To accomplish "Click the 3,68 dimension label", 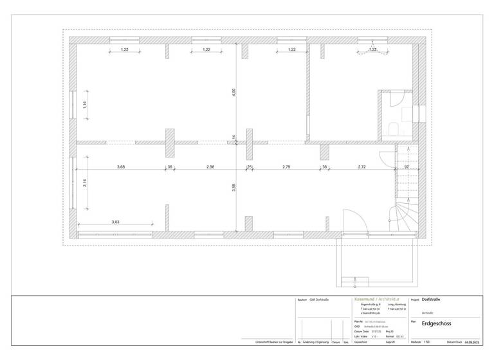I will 121,167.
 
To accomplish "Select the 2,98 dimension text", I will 210,167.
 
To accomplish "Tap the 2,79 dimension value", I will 287,167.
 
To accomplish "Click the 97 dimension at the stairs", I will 406,167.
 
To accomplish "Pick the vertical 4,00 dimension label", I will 234,93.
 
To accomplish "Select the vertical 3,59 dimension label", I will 234,188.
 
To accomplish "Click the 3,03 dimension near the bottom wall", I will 115,222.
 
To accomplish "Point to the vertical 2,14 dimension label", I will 84,183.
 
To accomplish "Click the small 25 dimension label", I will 249,167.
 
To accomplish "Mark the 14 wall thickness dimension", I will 234,136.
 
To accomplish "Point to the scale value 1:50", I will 427,351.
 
